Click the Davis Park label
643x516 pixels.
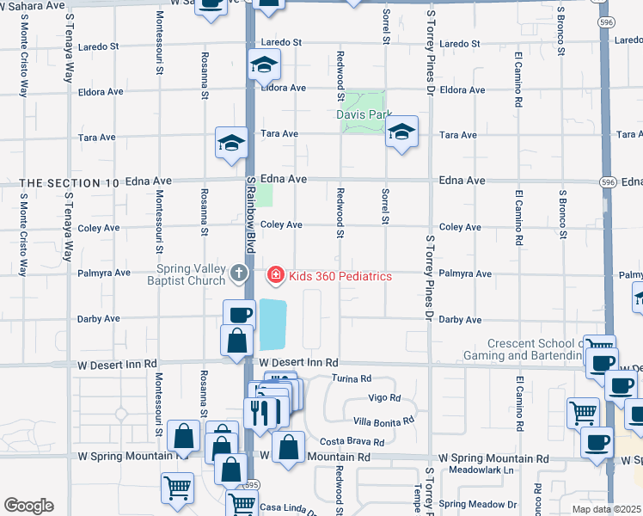point(364,114)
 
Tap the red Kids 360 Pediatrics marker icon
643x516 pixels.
point(275,275)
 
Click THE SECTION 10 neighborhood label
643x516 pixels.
point(70,183)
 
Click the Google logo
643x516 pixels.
point(28,506)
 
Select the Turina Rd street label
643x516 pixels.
point(352,378)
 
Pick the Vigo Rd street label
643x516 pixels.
point(383,398)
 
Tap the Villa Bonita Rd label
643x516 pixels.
point(383,421)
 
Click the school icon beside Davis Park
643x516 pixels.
point(401,132)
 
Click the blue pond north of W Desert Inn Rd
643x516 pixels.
point(273,324)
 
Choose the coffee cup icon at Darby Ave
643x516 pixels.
point(239,315)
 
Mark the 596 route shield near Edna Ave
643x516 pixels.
point(608,182)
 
